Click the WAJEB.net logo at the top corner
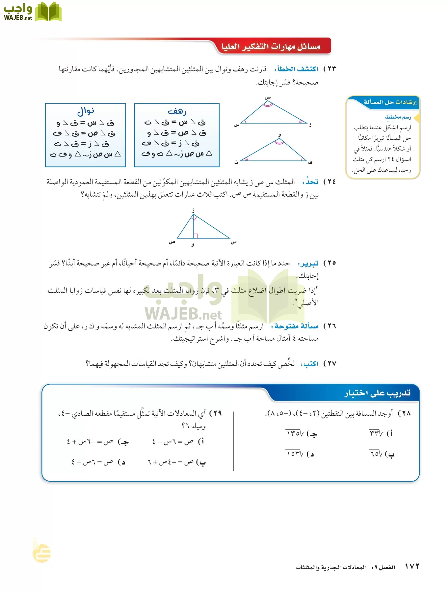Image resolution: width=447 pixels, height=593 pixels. coord(32,12)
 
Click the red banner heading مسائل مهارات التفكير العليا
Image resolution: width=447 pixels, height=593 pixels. coord(271,47)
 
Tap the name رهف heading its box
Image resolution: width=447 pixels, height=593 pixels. coord(177,111)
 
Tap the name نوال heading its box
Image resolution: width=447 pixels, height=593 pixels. coord(86,111)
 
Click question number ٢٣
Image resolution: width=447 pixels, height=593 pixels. coord(330,69)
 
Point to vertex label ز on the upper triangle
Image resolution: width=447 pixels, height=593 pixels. coord(310,125)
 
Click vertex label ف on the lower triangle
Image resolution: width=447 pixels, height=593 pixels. coord(310,162)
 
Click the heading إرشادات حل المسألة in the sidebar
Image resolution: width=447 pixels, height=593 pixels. coord(390,102)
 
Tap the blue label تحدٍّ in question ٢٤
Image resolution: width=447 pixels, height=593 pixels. coord(311,182)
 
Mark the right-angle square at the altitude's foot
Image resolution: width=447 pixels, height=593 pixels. coord(196,236)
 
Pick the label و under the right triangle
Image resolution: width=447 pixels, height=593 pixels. coord(193,244)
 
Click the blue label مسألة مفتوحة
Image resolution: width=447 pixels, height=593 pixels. coord(296,326)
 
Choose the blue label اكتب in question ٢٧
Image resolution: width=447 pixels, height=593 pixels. coord(310,364)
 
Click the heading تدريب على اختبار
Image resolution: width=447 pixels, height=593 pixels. coord(377,393)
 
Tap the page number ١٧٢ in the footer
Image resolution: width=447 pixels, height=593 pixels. coord(412,566)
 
